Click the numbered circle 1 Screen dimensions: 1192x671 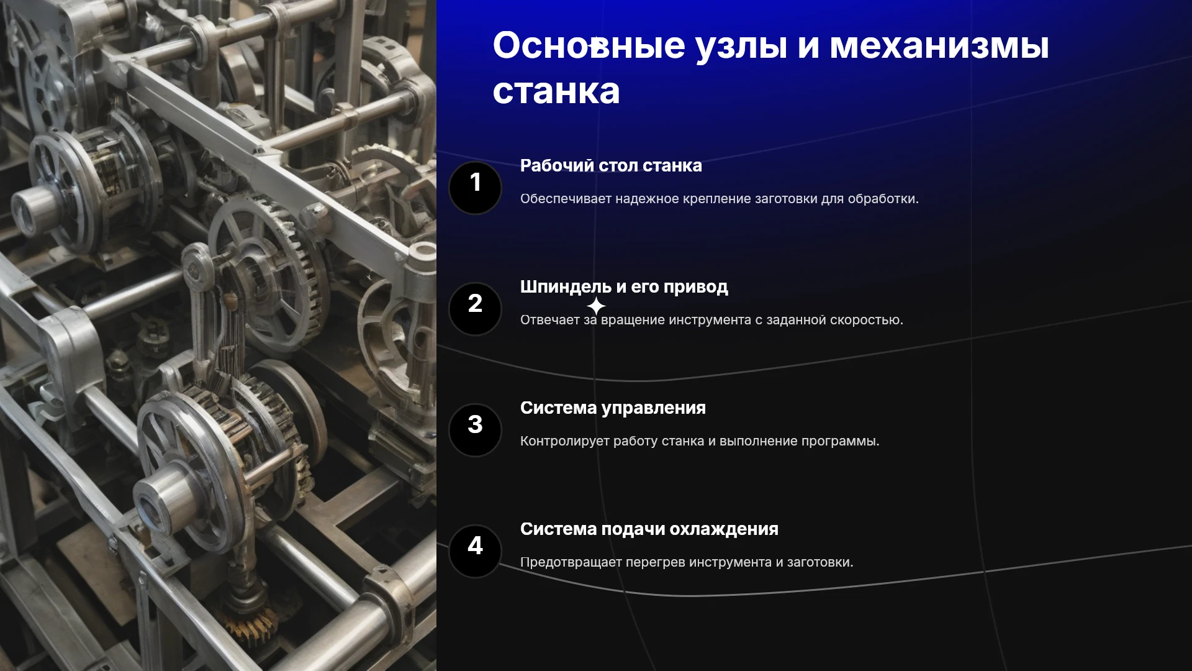point(475,188)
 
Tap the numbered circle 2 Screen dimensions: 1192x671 point(475,309)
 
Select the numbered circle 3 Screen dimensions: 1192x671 point(475,430)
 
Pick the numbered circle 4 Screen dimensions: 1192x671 point(475,551)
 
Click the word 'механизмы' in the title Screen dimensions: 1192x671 point(939,46)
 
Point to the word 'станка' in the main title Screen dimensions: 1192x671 point(556,91)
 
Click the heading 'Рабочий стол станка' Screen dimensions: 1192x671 point(611,166)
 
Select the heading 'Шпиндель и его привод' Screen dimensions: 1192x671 point(624,287)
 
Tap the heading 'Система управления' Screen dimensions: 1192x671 point(613,408)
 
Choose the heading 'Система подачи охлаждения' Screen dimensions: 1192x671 point(649,529)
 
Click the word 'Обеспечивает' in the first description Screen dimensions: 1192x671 point(566,199)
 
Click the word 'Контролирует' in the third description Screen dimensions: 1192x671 point(564,442)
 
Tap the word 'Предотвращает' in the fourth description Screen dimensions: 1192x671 point(571,563)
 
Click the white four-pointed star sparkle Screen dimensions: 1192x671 point(596,306)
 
